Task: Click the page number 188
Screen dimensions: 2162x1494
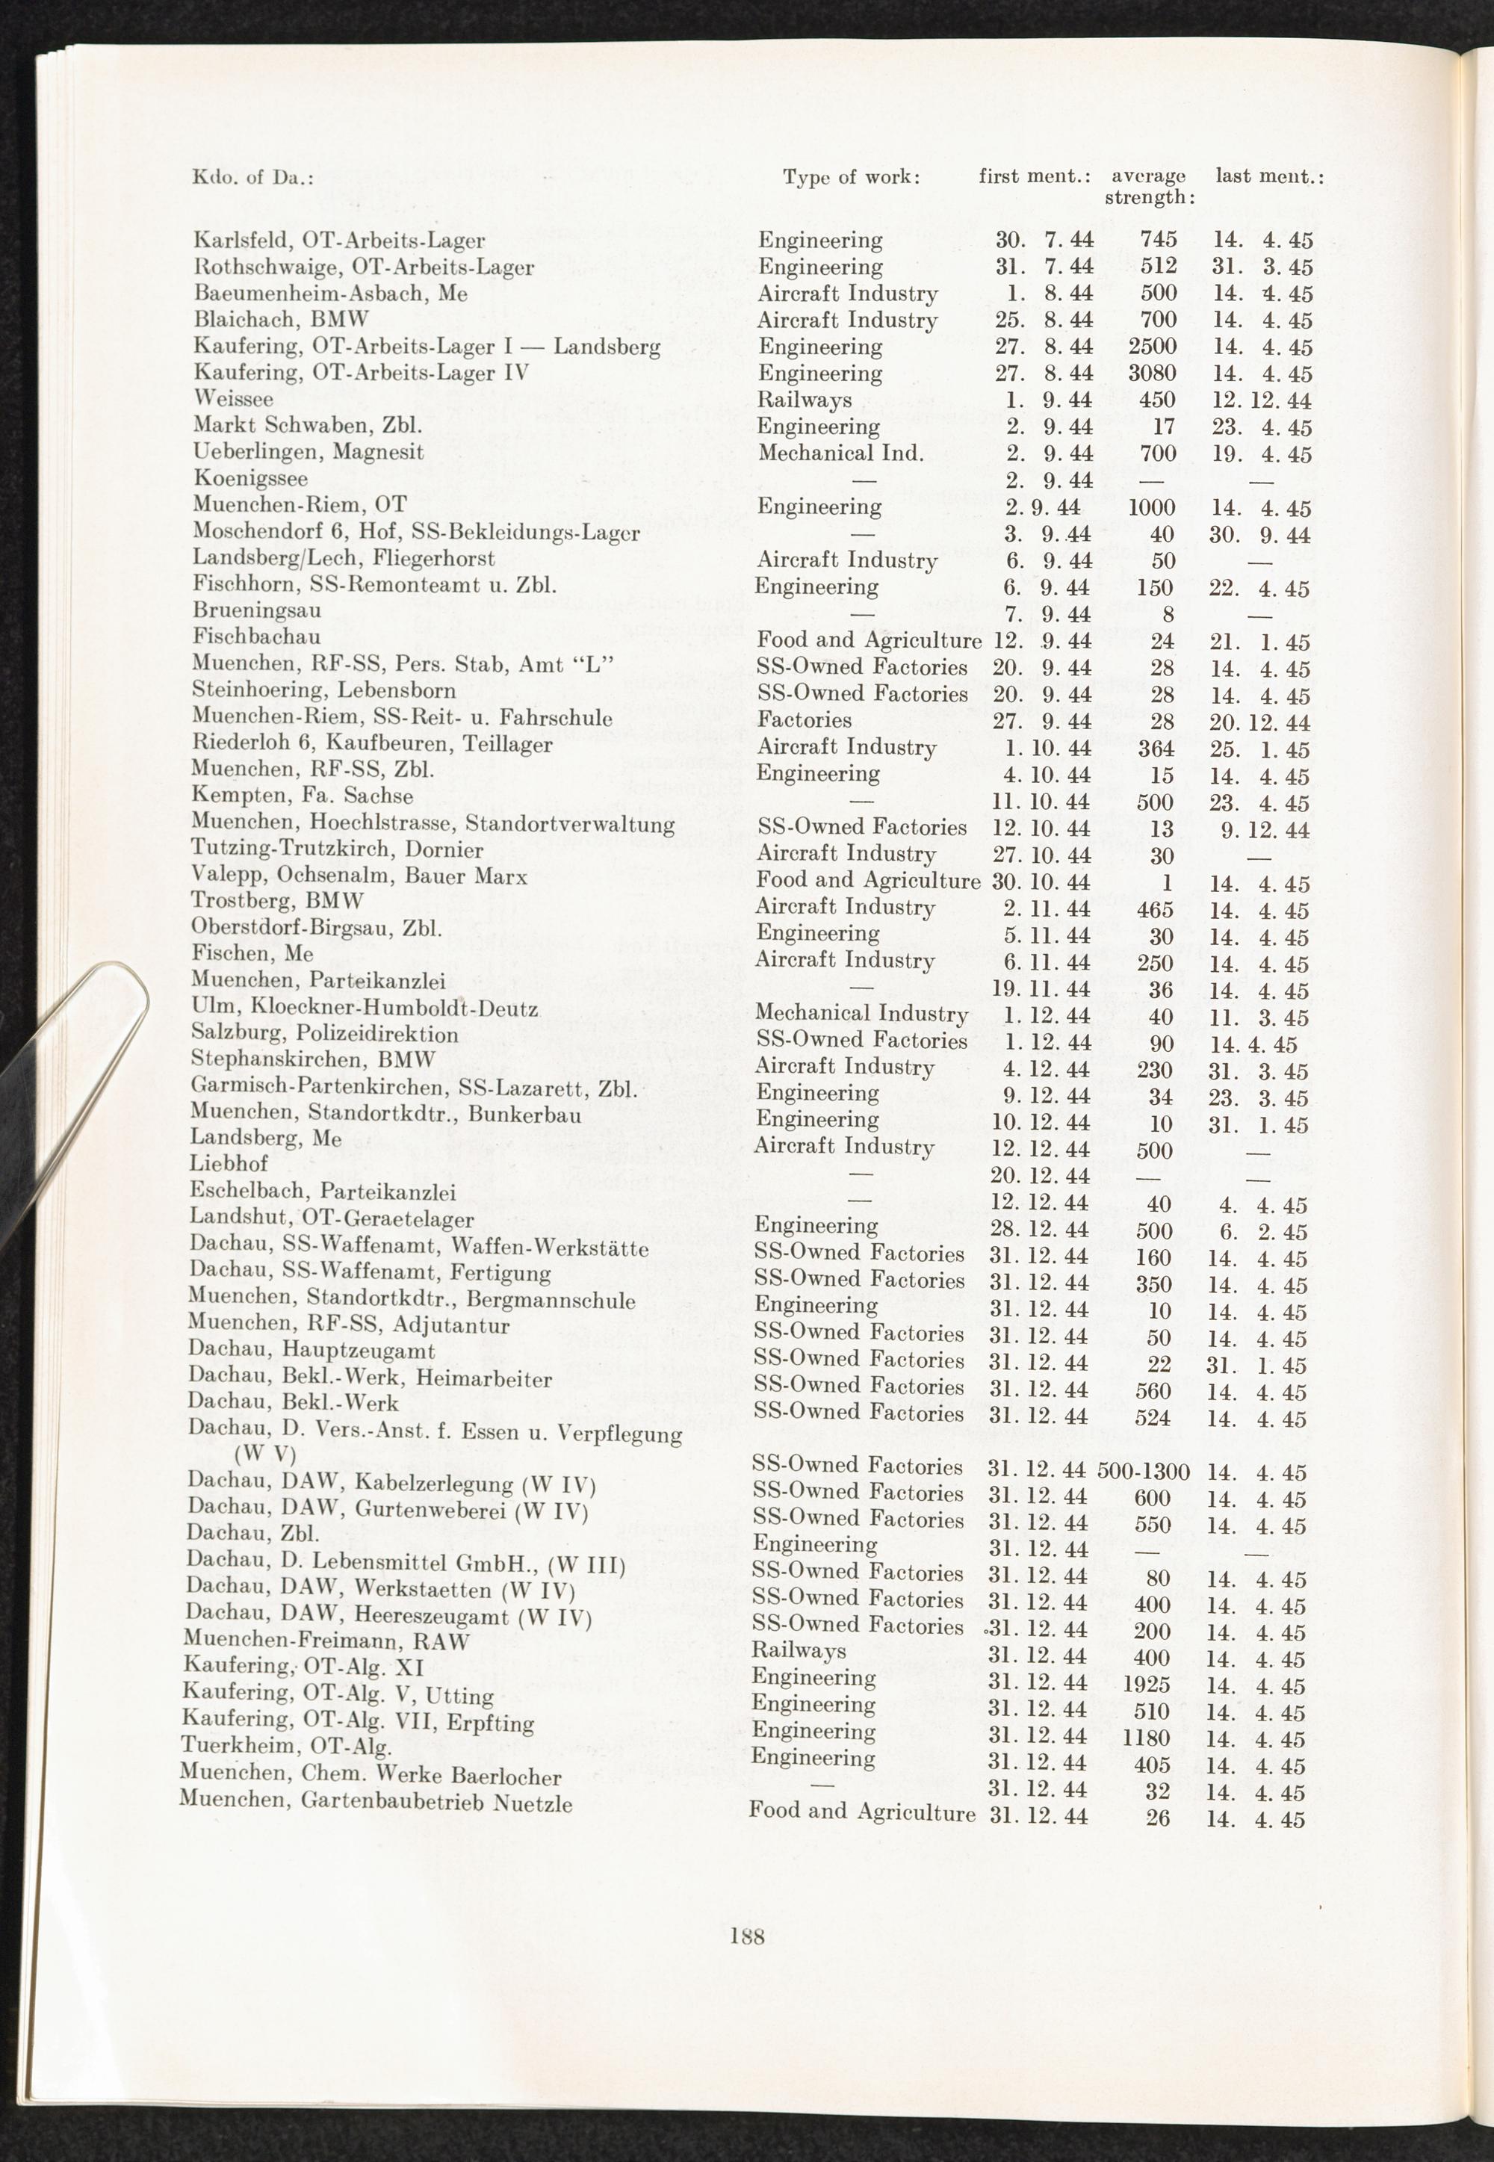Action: click(747, 1937)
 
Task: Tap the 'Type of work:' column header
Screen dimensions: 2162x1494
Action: click(851, 177)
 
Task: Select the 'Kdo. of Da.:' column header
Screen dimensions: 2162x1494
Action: click(252, 177)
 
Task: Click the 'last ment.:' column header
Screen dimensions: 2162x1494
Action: click(1269, 176)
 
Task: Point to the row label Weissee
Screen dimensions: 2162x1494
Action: click(233, 399)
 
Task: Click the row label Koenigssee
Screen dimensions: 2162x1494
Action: click(250, 478)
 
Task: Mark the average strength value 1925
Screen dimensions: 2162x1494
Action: click(1147, 1685)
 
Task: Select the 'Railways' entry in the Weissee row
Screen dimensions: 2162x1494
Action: click(804, 400)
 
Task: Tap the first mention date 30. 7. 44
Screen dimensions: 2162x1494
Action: click(1044, 241)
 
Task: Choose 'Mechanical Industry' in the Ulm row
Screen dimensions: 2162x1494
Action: click(861, 1014)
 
